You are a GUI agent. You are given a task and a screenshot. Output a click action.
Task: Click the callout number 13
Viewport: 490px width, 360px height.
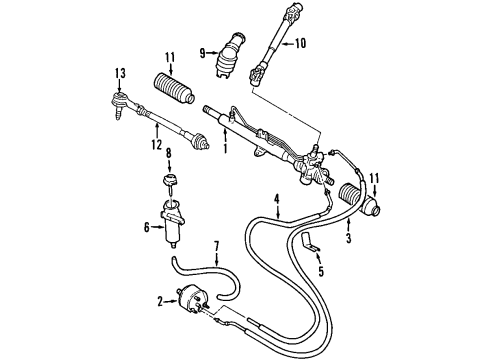click(x=120, y=73)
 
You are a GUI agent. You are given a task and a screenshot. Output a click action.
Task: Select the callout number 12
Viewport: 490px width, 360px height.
click(x=156, y=144)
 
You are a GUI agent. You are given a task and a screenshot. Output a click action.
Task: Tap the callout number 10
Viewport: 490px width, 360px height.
click(x=300, y=43)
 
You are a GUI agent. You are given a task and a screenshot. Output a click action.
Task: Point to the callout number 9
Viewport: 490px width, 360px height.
click(x=202, y=53)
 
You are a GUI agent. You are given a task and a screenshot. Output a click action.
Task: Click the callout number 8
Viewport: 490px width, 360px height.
click(x=169, y=154)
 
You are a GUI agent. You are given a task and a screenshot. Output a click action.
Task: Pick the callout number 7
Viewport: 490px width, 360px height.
click(x=216, y=247)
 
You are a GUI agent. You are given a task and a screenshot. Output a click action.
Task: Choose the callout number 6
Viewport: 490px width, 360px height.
click(x=147, y=228)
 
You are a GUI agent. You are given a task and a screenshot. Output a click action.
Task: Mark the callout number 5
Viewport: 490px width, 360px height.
click(x=321, y=271)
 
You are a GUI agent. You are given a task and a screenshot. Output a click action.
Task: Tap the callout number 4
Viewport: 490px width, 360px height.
click(x=277, y=199)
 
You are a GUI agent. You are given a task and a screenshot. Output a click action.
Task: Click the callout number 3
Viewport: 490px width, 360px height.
click(x=348, y=238)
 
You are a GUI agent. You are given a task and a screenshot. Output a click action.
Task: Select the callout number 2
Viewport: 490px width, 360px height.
click(x=161, y=302)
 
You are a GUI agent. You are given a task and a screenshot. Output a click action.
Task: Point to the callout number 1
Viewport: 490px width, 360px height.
click(x=225, y=148)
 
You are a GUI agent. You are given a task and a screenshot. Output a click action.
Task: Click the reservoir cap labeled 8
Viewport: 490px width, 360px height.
click(x=169, y=180)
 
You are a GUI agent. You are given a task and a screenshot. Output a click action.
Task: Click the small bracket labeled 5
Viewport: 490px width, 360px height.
click(x=310, y=243)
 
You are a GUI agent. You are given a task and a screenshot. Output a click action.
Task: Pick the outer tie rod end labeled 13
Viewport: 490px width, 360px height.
click(x=120, y=103)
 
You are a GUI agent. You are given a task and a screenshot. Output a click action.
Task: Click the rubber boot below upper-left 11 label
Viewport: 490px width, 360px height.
click(x=174, y=89)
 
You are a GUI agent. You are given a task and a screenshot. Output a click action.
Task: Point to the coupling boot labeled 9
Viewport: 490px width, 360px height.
click(x=229, y=55)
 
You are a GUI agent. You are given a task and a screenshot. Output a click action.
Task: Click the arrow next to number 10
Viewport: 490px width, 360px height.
click(x=287, y=43)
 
